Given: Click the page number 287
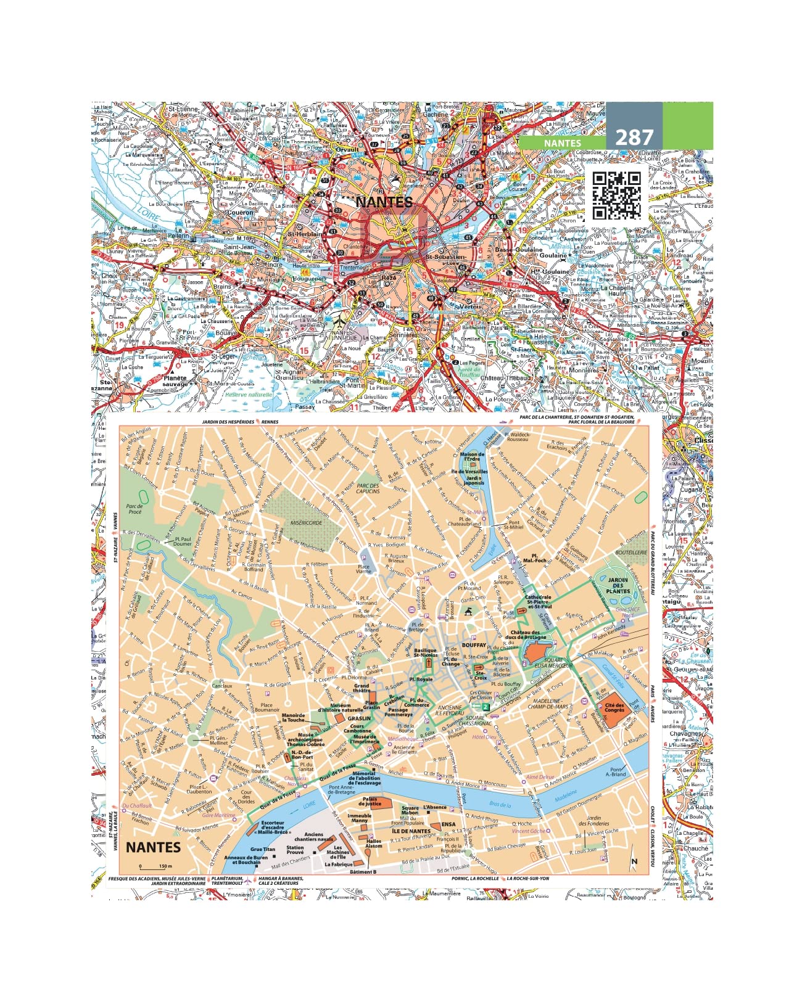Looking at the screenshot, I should pyautogui.click(x=634, y=136).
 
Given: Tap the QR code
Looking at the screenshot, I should pyautogui.click(x=616, y=195).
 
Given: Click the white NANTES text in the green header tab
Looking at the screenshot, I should pyautogui.click(x=562, y=142).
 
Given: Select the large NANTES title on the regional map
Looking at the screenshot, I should pyautogui.click(x=383, y=202).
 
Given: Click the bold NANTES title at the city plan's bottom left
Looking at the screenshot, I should pyautogui.click(x=154, y=847).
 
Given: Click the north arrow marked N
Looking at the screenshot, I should pyautogui.click(x=634, y=861).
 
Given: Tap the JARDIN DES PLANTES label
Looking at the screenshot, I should pyautogui.click(x=618, y=585).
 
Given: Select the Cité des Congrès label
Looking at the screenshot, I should pyautogui.click(x=614, y=707).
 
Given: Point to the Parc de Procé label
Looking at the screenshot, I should pyautogui.click(x=134, y=509).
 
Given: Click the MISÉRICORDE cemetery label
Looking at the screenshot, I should pyautogui.click(x=307, y=522).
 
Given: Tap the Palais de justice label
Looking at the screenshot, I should pyautogui.click(x=370, y=802).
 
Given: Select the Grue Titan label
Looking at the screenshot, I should pyautogui.click(x=263, y=849).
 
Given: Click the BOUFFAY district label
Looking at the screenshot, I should pyautogui.click(x=474, y=645).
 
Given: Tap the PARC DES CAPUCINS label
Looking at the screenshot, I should pyautogui.click(x=368, y=489).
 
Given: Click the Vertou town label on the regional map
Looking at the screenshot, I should pyautogui.click(x=471, y=306).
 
